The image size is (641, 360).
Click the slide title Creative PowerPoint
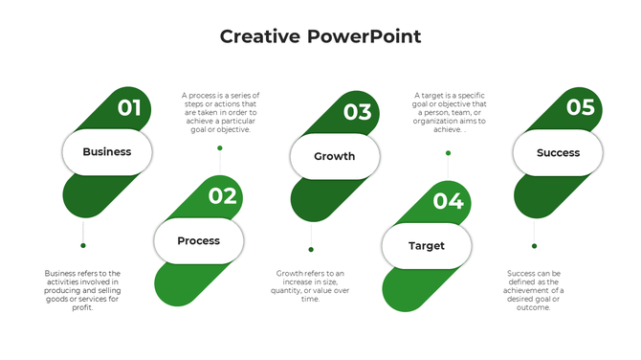(x=320, y=37)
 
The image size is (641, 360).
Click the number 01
(x=129, y=108)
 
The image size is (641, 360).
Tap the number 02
(x=222, y=196)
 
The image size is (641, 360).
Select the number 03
(x=357, y=112)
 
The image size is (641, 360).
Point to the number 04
(x=448, y=201)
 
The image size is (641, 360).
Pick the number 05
(x=580, y=107)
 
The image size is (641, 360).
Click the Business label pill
(x=107, y=152)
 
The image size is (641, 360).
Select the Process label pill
(x=199, y=241)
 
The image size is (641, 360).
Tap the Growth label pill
(x=335, y=156)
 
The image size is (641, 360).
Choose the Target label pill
(x=427, y=246)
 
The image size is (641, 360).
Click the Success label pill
(x=558, y=153)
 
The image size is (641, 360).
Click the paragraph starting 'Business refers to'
(x=82, y=290)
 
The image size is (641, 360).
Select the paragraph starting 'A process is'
(x=220, y=113)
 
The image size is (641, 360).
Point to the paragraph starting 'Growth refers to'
(x=311, y=286)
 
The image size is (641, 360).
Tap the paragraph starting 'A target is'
(x=448, y=113)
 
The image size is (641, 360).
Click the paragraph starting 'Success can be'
(x=535, y=290)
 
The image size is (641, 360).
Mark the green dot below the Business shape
(x=83, y=247)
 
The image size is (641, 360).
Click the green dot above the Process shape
(x=220, y=148)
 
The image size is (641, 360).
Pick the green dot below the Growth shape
(x=311, y=250)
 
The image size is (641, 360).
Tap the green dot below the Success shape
(x=534, y=246)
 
